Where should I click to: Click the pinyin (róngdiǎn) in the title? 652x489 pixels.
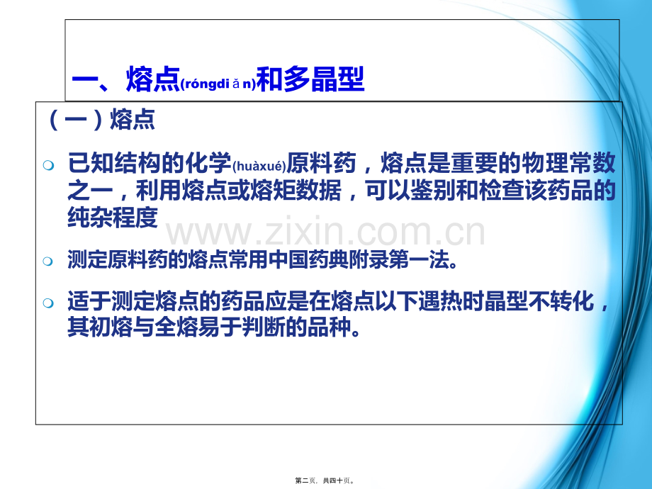pos(218,84)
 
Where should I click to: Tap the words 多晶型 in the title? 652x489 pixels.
pos(324,79)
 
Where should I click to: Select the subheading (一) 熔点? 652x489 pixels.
pos(102,120)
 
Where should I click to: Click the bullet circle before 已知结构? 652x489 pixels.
pos(48,166)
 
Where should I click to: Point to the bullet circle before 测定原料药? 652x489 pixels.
pos(48,262)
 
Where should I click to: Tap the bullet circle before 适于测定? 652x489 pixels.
pos(48,303)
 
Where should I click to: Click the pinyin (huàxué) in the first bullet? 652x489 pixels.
pos(259,167)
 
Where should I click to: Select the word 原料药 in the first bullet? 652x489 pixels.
pos(321,162)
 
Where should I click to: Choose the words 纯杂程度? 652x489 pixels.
pos(113,217)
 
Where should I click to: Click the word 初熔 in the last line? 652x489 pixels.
pos(111,327)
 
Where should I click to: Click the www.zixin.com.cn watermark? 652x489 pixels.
pos(325,231)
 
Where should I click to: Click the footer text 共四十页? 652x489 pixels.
pos(337,480)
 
